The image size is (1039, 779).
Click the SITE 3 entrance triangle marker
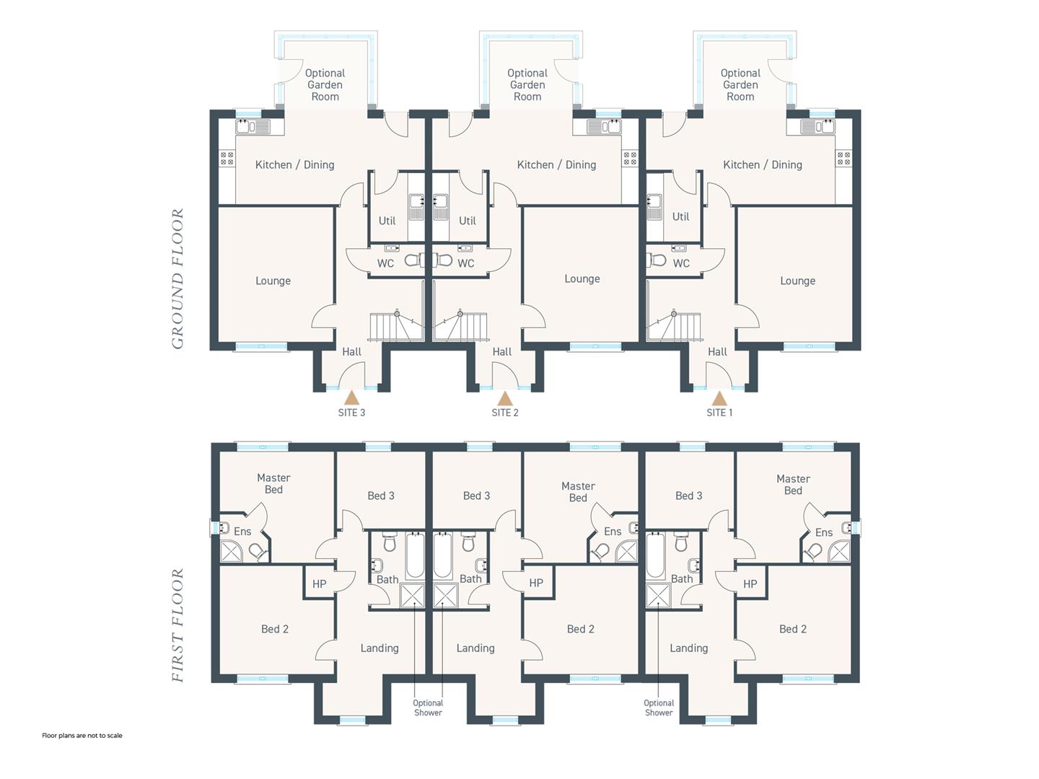(351, 397)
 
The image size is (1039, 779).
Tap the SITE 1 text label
(719, 413)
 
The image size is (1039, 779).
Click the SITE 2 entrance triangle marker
(505, 397)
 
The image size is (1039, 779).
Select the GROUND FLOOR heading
(177, 278)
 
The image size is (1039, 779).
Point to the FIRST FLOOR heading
(177, 625)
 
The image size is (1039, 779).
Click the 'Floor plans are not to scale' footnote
(82, 736)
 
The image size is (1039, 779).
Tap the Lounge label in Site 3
(273, 281)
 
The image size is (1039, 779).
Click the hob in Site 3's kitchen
(227, 159)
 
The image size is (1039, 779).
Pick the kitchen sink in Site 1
(817, 127)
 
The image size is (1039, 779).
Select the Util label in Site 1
(680, 216)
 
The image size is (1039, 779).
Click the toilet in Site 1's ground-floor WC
(657, 260)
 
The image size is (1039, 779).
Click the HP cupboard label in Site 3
(319, 584)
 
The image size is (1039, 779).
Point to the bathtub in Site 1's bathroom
(655, 555)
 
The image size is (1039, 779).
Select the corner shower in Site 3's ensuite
(232, 552)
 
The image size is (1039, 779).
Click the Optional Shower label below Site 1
(659, 708)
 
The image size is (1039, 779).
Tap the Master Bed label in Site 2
(578, 492)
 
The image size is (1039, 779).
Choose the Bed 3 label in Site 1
(689, 496)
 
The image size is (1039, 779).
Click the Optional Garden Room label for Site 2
(527, 85)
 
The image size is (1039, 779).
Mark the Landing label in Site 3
(380, 648)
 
